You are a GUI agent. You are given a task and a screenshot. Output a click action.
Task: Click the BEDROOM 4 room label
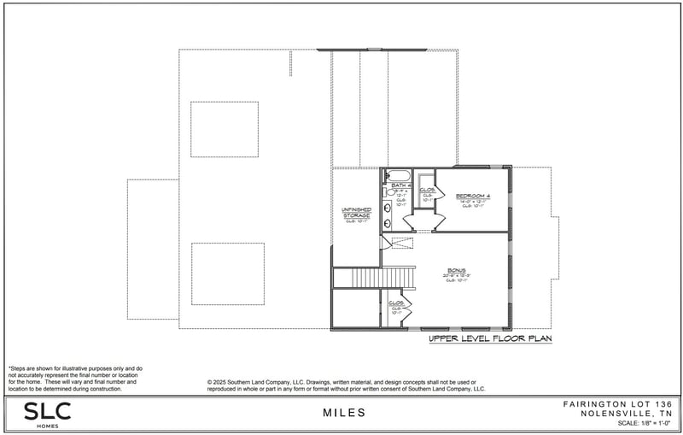coord(473,195)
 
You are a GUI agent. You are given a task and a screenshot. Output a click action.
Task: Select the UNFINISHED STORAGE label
coord(356,213)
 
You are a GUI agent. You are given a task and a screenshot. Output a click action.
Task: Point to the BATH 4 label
coord(400,185)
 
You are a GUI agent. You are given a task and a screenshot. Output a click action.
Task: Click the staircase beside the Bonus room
coord(374,278)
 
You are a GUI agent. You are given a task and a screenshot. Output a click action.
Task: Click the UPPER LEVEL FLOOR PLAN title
coord(490,339)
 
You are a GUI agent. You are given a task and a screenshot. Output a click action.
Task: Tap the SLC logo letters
coord(47,409)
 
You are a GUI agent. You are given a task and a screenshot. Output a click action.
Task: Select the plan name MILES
coord(344,413)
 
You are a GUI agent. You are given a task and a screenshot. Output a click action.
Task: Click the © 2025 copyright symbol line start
coord(210,382)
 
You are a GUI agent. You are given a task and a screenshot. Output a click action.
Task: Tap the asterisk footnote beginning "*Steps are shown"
coord(10,367)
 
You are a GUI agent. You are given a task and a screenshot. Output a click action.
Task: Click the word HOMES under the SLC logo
coord(47,425)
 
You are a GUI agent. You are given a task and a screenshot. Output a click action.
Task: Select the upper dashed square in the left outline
coord(225,129)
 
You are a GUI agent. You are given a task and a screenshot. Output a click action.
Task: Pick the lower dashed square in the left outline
coord(227,273)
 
